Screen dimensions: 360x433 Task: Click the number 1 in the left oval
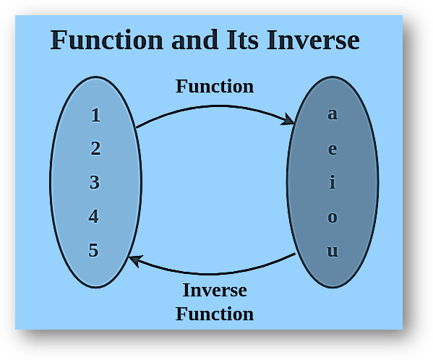(x=95, y=115)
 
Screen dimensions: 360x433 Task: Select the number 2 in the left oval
(x=95, y=149)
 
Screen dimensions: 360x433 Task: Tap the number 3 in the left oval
(x=95, y=183)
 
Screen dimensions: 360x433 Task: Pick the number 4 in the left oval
(x=94, y=217)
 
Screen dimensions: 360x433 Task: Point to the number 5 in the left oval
(x=94, y=251)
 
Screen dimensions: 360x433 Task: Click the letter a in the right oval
(x=333, y=114)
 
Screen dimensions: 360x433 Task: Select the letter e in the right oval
(x=333, y=150)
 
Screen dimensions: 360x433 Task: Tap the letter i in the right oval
(x=333, y=182)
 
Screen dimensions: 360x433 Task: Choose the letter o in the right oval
(x=333, y=217)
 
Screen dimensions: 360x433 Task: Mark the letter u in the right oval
(x=333, y=252)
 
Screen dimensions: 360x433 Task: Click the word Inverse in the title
(x=313, y=40)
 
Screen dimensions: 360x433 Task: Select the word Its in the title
(x=244, y=40)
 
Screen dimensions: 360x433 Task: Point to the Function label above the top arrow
(x=215, y=87)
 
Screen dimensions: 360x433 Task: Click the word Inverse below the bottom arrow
(x=215, y=291)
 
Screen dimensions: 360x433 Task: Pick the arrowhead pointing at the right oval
(x=289, y=119)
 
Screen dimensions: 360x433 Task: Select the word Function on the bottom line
(x=215, y=314)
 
